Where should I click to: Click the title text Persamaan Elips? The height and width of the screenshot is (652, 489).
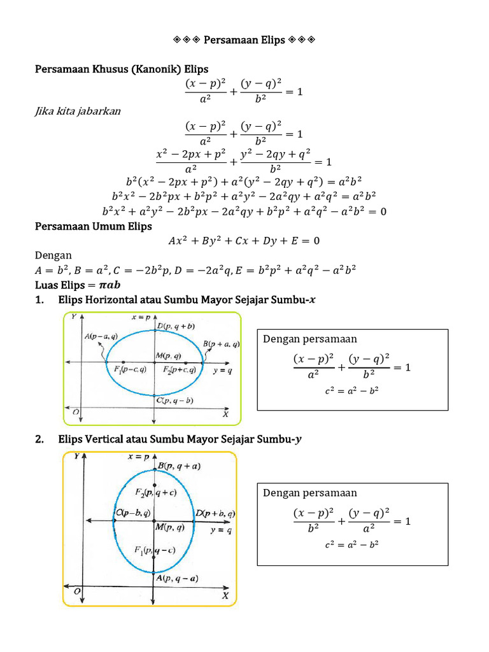(244, 41)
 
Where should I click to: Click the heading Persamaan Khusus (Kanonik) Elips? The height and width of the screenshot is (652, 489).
(122, 69)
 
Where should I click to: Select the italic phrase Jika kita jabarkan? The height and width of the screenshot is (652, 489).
(77, 111)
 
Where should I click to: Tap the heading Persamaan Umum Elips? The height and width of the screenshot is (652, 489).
(93, 226)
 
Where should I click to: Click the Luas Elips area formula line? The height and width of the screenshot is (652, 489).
(78, 284)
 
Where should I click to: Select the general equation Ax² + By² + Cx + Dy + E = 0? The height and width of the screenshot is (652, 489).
(244, 241)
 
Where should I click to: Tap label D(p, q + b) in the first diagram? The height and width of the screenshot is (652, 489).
(180, 327)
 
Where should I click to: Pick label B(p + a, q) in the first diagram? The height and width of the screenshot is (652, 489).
(222, 344)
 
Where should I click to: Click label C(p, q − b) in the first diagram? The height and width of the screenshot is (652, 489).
(175, 400)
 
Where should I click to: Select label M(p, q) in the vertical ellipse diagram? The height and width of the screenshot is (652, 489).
(170, 527)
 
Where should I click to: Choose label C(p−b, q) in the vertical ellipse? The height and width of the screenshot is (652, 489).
(133, 513)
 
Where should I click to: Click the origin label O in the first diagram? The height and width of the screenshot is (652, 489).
(76, 413)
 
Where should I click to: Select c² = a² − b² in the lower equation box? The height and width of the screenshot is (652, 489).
(351, 544)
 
